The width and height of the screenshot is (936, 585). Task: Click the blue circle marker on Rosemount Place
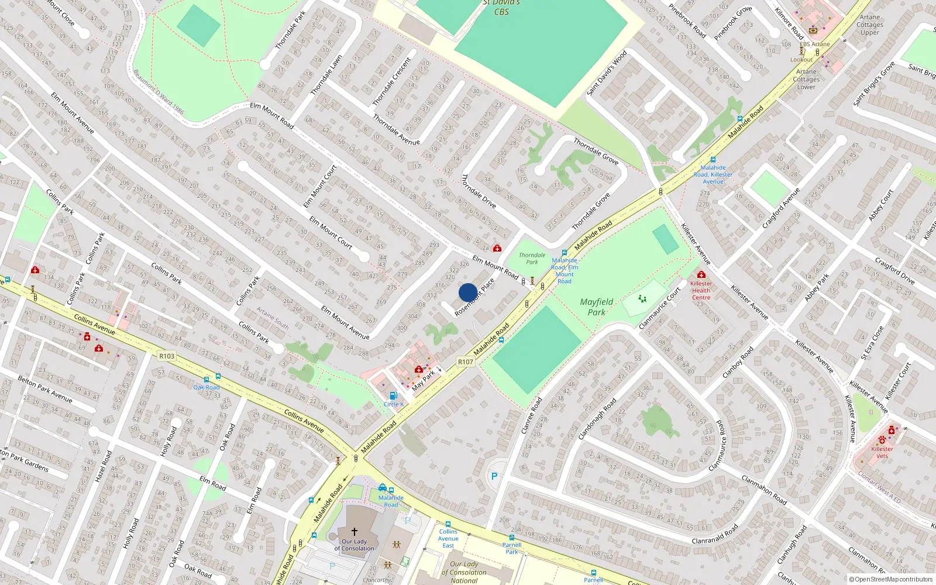(468, 292)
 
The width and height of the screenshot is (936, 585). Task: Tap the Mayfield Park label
(597, 307)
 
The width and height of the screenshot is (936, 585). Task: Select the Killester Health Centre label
(701, 290)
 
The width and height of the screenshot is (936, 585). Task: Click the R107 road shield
(466, 362)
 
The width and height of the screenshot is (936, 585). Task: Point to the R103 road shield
(167, 356)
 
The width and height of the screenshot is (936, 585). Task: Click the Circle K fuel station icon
(394, 395)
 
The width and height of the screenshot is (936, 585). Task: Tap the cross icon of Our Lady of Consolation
(354, 532)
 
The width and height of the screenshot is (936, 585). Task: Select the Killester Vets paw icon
(882, 440)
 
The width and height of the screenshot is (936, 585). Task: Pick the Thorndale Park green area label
(532, 259)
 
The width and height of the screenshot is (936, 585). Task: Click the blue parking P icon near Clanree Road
(494, 476)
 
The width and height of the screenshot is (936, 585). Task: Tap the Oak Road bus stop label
(207, 387)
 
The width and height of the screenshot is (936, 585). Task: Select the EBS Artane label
(814, 44)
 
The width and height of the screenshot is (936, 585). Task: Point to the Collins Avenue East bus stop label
(448, 539)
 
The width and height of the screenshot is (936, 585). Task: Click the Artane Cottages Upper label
(869, 25)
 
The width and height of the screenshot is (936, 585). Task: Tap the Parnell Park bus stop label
(512, 548)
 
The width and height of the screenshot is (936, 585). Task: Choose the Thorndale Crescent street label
(392, 81)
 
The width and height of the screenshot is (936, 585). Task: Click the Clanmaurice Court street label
(660, 308)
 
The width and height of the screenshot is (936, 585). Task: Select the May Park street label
(424, 380)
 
